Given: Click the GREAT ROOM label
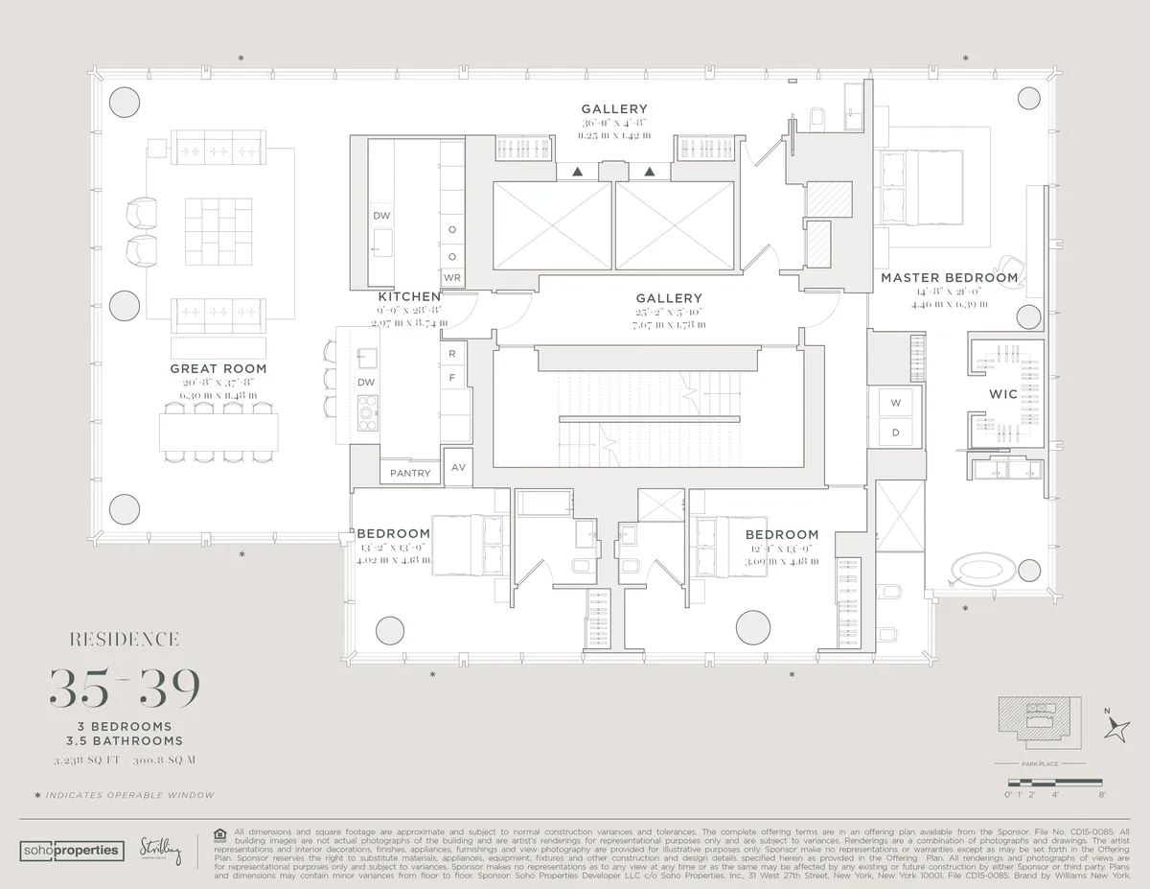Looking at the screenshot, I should click(218, 368).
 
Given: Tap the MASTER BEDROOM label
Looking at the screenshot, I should click(949, 278).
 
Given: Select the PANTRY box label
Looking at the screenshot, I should click(410, 474).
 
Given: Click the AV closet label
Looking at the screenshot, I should click(458, 468).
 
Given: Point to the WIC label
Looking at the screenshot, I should click(1002, 394).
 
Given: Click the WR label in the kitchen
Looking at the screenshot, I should click(452, 278).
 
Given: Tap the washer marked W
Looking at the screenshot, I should click(896, 402).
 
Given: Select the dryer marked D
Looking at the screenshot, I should click(896, 433).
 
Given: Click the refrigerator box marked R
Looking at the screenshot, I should click(452, 354).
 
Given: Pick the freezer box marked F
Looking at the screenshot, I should click(452, 377).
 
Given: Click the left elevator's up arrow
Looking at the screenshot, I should click(577, 172).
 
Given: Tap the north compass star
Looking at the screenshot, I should click(1116, 732).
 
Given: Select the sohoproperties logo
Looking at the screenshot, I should click(71, 850).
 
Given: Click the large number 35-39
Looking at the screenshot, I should click(125, 686).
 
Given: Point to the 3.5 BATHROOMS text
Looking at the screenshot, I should click(125, 740).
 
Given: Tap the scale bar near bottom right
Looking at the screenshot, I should click(1054, 784).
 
